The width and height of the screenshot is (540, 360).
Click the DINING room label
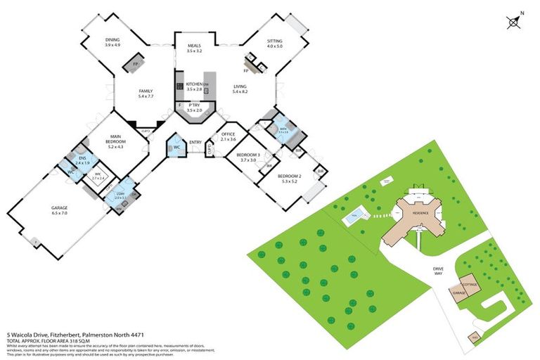click(x=112, y=42)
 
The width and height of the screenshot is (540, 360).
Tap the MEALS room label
click(x=195, y=48)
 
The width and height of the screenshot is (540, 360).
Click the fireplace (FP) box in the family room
click(x=133, y=66)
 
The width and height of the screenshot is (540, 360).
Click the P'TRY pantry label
click(x=194, y=108)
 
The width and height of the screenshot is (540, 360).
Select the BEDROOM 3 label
click(x=248, y=157)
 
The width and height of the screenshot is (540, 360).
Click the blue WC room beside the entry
click(x=175, y=148)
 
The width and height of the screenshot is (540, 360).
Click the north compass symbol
click(x=514, y=22)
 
